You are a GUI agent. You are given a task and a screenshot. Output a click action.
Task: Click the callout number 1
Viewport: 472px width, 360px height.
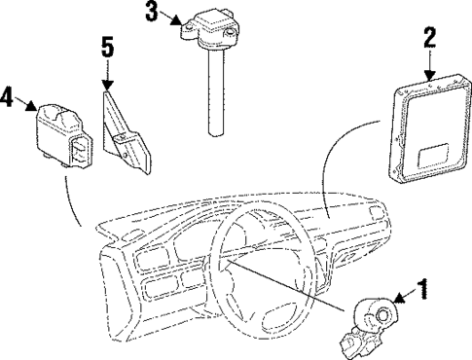click(x=421, y=288)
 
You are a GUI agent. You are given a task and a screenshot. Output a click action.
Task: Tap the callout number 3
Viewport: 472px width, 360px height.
click(x=151, y=13)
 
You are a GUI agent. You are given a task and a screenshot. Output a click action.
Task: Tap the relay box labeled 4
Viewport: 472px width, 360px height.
click(x=65, y=130)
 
